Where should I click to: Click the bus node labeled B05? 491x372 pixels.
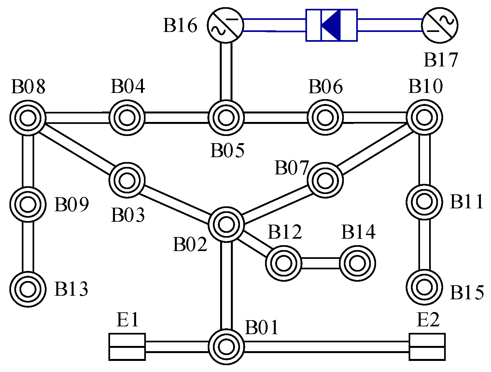(x=226, y=118)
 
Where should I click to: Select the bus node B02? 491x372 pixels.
(x=226, y=224)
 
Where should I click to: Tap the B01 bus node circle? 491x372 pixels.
(x=226, y=346)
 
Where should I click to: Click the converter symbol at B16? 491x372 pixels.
(x=225, y=25)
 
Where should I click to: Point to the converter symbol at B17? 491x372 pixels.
(x=440, y=25)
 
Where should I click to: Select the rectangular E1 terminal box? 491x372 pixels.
(x=127, y=347)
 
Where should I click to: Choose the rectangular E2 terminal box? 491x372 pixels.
(x=427, y=347)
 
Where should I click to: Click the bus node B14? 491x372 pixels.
(x=357, y=263)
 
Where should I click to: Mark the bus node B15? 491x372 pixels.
(x=424, y=287)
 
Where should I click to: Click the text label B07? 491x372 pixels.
(x=291, y=168)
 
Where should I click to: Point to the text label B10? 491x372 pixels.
(x=426, y=86)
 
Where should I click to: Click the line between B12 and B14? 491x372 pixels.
(x=320, y=263)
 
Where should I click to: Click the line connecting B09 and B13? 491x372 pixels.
(x=28, y=246)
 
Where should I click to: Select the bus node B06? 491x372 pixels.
(x=325, y=118)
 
